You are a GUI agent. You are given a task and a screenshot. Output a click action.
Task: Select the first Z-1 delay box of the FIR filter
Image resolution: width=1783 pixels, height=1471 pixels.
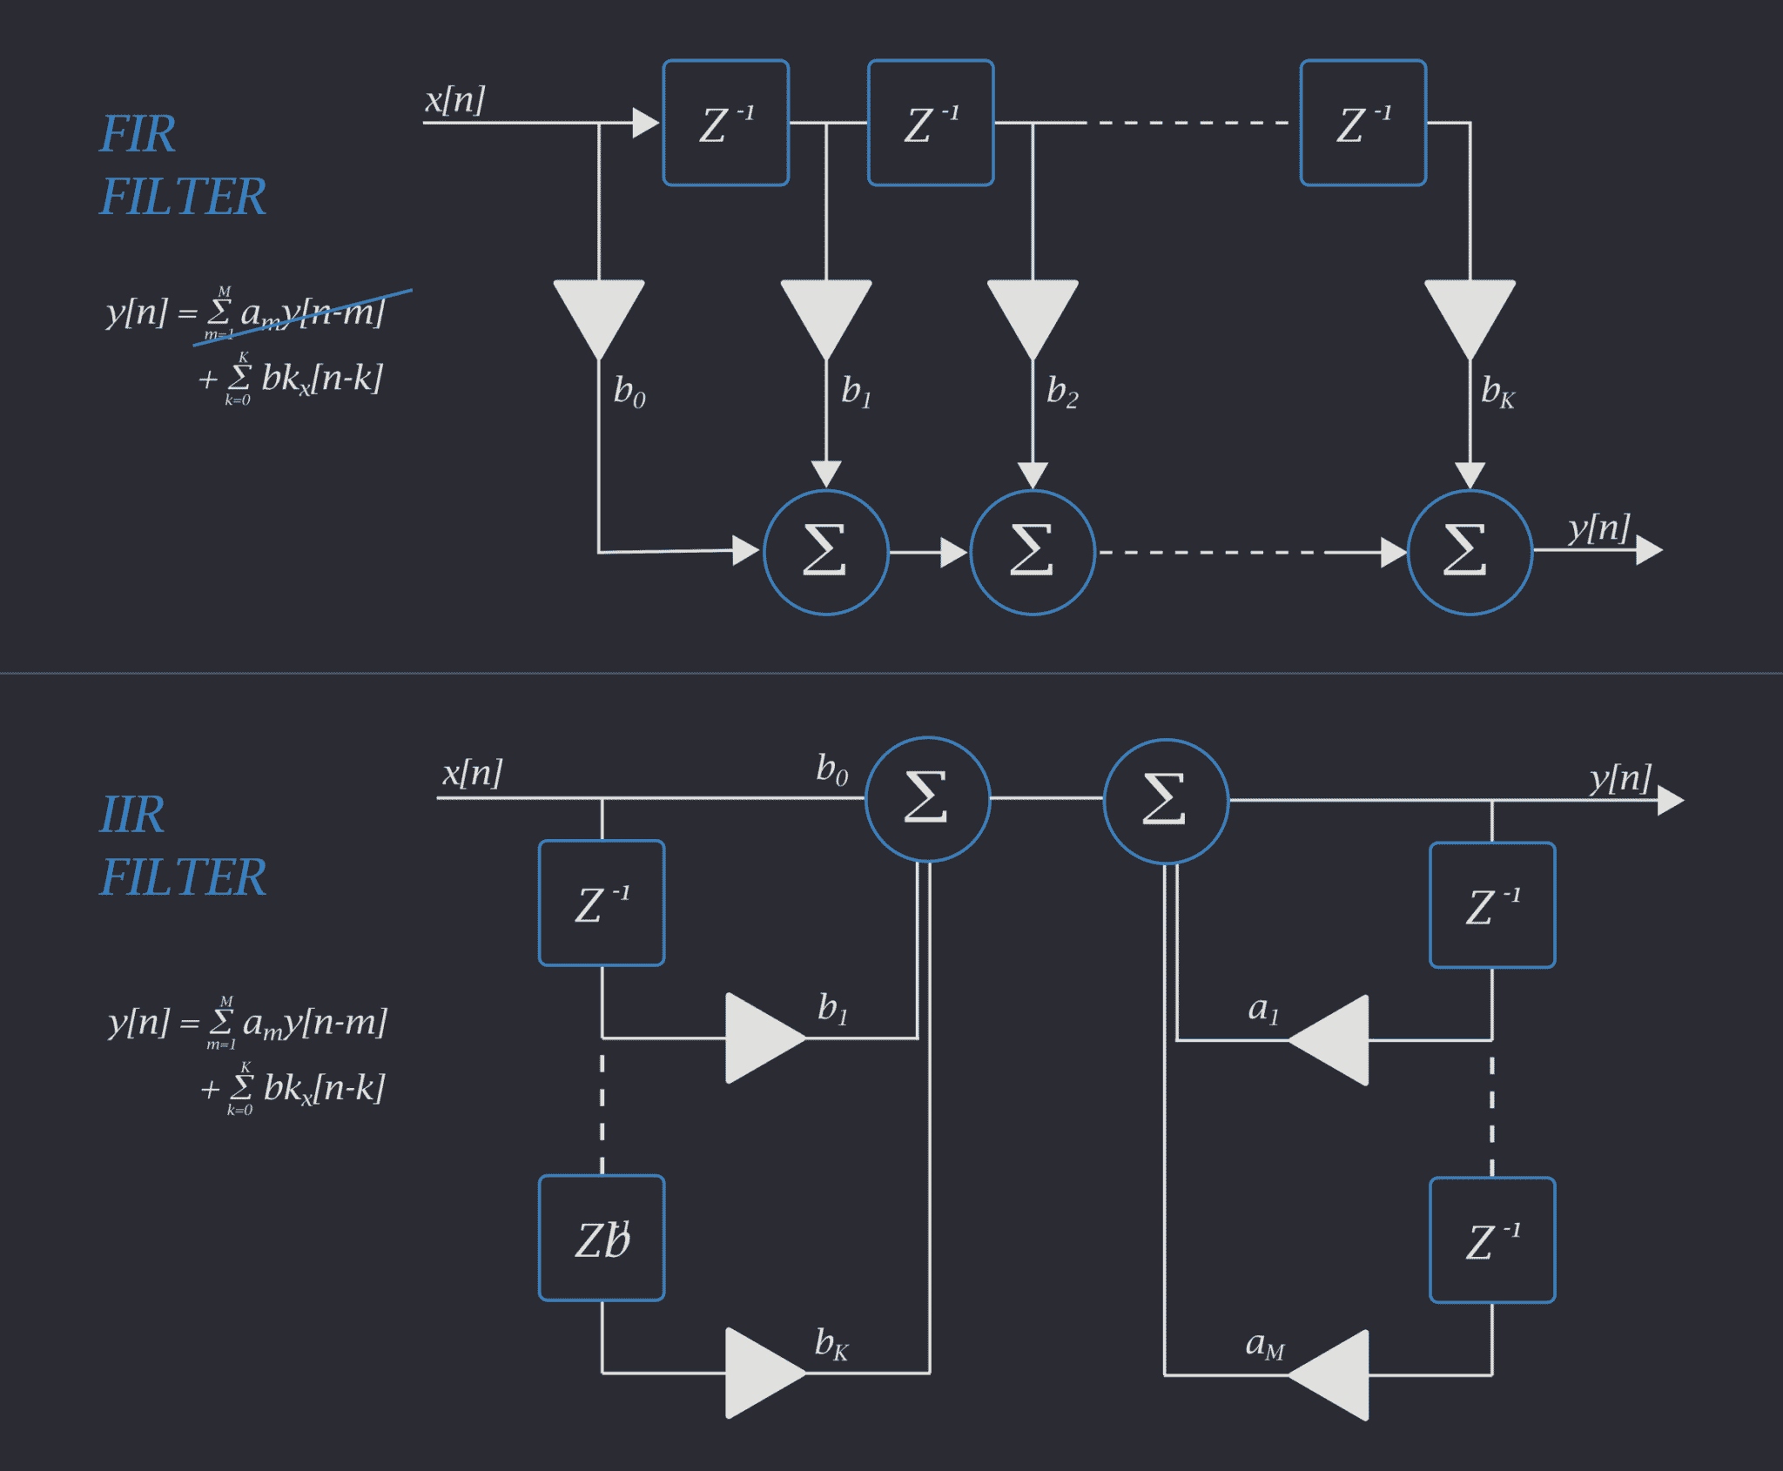pyautogui.click(x=726, y=123)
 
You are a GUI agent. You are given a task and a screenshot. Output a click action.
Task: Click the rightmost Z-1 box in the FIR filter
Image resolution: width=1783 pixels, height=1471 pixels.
pyautogui.click(x=1363, y=123)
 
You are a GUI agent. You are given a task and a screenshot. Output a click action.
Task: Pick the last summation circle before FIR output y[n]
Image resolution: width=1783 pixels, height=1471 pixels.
pyautogui.click(x=1470, y=552)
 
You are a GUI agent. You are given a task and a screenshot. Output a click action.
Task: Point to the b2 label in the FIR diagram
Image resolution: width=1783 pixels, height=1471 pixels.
pyautogui.click(x=1062, y=393)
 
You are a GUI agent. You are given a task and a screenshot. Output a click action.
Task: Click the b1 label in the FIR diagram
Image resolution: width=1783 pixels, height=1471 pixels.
pyautogui.click(x=856, y=393)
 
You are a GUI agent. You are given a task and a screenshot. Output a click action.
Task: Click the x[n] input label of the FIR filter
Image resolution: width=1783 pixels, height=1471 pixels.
pyautogui.click(x=454, y=99)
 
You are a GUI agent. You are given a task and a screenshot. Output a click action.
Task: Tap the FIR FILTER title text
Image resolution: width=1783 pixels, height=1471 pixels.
pyautogui.click(x=181, y=165)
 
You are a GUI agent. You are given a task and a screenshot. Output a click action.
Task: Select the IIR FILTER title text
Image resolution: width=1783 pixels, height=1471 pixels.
pyautogui.click(x=181, y=846)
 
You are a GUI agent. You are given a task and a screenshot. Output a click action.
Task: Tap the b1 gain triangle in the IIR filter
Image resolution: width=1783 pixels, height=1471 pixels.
pyautogui.click(x=759, y=1038)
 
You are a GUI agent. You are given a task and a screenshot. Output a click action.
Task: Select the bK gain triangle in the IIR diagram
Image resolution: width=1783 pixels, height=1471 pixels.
pyautogui.click(x=759, y=1373)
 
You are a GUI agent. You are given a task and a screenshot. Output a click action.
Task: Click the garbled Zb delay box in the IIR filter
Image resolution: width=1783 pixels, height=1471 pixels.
pyautogui.click(x=602, y=1238)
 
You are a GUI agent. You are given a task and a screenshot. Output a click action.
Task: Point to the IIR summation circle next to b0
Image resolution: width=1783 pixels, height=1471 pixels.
pyautogui.click(x=927, y=798)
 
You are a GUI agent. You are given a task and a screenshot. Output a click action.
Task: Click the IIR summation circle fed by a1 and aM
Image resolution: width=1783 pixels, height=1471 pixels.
pyautogui.click(x=1166, y=800)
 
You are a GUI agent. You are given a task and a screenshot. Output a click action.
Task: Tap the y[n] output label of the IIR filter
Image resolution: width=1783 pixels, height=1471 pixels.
pyautogui.click(x=1620, y=777)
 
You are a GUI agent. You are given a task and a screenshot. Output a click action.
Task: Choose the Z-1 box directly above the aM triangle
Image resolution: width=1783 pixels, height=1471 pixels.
pyautogui.click(x=1492, y=1239)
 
